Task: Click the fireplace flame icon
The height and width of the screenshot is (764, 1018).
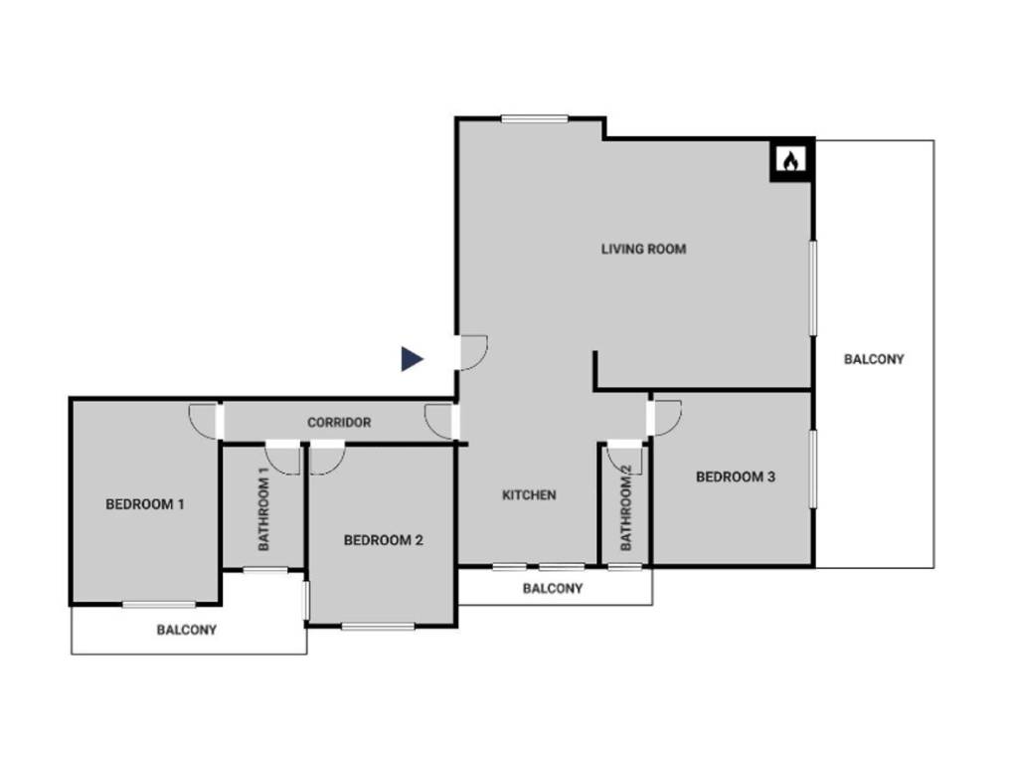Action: [790, 161]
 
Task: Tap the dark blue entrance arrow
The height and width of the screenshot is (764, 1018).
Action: [412, 359]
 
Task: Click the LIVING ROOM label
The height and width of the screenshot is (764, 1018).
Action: [643, 249]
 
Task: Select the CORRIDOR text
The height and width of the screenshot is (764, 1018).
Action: [339, 423]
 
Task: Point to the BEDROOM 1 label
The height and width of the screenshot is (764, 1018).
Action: [145, 504]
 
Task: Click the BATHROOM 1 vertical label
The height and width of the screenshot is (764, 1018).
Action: [264, 509]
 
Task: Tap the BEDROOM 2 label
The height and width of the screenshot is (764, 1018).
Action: [384, 540]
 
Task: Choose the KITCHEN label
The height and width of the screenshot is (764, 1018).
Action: [529, 495]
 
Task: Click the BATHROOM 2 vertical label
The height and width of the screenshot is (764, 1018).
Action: [626, 508]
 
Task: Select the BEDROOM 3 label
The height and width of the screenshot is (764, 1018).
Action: [736, 477]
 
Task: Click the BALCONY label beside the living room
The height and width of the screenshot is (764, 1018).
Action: [874, 359]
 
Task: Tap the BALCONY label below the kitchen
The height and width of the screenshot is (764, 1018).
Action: [553, 588]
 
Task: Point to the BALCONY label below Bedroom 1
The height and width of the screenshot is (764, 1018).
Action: [186, 630]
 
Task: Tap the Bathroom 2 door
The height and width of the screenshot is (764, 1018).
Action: [626, 457]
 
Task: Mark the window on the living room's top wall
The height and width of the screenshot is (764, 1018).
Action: [534, 119]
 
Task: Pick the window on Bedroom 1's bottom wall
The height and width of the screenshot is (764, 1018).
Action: [159, 604]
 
